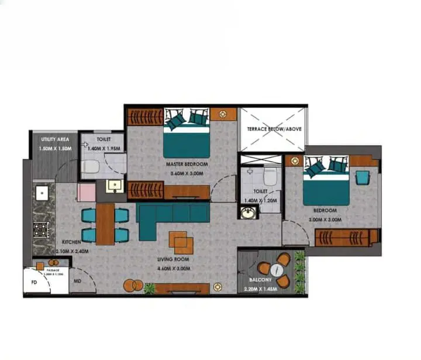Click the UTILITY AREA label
[x=55, y=139]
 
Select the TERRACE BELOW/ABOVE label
[x=274, y=128]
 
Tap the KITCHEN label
[x=71, y=242]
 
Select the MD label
[x=77, y=282]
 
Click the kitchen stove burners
[x=41, y=229]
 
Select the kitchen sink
[x=42, y=192]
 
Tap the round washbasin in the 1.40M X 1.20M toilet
[x=249, y=212]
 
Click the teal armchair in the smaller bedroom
[x=363, y=176]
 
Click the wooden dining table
[x=105, y=223]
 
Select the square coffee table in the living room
[x=179, y=241]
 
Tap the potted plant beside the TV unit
[x=150, y=287]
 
